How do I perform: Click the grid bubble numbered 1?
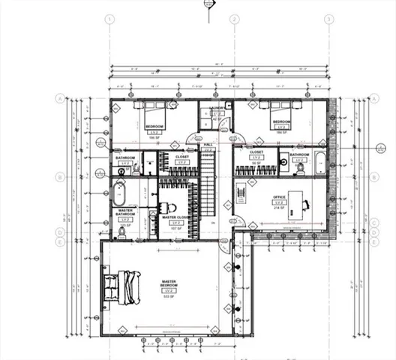pyautogui.click(x=110, y=19)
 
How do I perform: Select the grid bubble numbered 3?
pyautogui.click(x=328, y=19)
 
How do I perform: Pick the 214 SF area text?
pyautogui.click(x=280, y=209)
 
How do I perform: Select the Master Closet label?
pyautogui.click(x=176, y=217)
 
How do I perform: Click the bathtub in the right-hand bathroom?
pyautogui.click(x=319, y=160)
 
